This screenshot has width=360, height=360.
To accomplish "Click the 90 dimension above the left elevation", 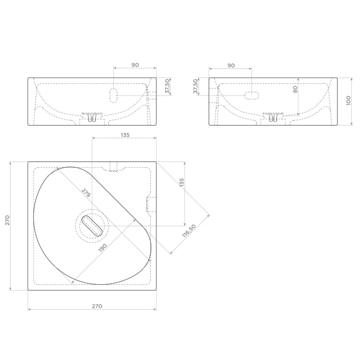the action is tap(135, 65).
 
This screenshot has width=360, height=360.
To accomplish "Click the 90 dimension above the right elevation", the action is tap(231, 66).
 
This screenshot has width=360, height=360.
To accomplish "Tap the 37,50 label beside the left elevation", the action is tap(168, 86).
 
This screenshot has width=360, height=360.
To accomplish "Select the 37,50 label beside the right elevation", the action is tap(195, 86).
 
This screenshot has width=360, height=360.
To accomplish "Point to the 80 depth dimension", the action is tap(295, 89).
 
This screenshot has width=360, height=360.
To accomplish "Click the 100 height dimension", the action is tap(349, 101).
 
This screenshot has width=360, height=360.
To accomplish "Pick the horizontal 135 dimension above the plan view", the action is tap(125, 135).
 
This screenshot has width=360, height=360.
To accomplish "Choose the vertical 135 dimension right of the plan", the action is tap(182, 183).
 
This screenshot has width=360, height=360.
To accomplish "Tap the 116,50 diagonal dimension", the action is tap(189, 231).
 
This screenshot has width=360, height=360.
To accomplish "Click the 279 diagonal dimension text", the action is tap(86, 193).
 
